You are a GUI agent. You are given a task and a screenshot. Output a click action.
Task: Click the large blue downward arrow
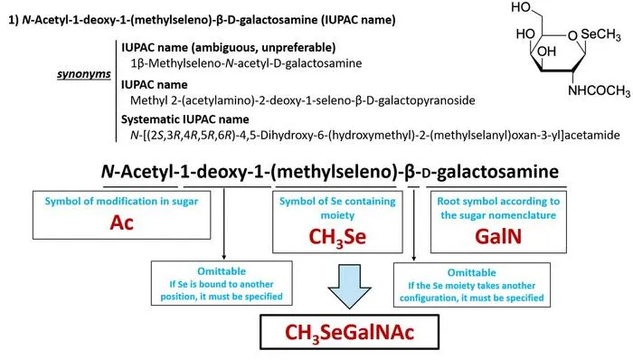[x=349, y=286]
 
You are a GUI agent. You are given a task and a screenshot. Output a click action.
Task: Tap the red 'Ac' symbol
[x=121, y=223]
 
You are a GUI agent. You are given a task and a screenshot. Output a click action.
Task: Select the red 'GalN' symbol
[x=498, y=236]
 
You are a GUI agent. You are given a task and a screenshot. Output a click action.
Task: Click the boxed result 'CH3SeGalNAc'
[x=350, y=333]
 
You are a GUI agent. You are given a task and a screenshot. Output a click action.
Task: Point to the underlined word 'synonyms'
[x=84, y=75]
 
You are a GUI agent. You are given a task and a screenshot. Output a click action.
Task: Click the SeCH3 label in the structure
[x=600, y=35]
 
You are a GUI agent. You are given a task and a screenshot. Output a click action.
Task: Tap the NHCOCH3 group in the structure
[x=599, y=90]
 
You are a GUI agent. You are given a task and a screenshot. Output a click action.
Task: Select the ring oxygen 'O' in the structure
[x=572, y=36]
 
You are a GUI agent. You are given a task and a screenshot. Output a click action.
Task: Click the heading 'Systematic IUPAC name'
[x=185, y=119]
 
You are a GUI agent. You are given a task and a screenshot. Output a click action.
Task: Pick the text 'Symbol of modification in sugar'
[x=121, y=202]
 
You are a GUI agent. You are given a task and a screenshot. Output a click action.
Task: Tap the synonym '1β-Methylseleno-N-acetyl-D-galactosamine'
[x=246, y=63]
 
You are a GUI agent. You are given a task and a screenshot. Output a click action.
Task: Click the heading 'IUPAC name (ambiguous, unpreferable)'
[x=229, y=48]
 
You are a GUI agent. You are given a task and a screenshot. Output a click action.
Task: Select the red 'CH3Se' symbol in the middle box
[x=337, y=237]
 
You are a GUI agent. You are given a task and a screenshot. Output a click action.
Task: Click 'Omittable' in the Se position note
[x=222, y=271]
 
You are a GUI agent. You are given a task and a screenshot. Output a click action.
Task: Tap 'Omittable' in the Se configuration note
[x=471, y=273]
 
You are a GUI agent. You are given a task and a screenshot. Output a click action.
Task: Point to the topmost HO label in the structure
[x=521, y=7]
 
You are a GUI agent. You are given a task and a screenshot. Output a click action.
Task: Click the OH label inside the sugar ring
[x=546, y=52]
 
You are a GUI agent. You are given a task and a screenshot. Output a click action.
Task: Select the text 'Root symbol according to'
[x=498, y=202]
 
